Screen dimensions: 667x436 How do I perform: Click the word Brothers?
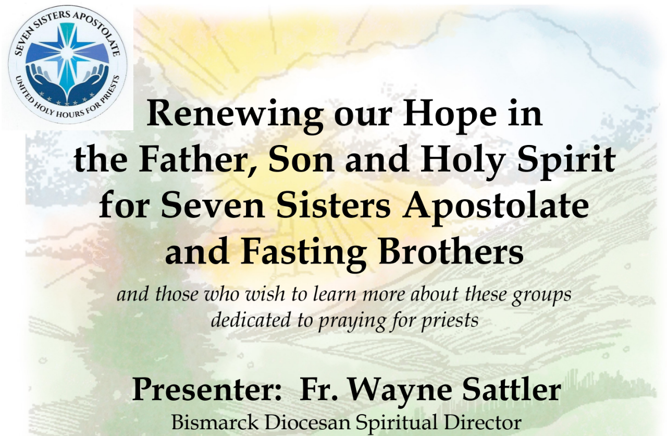pyautogui.click(x=451, y=251)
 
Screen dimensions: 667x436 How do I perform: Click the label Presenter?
pyautogui.click(x=207, y=391)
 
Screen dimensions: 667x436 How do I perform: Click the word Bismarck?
pyautogui.click(x=215, y=422)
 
